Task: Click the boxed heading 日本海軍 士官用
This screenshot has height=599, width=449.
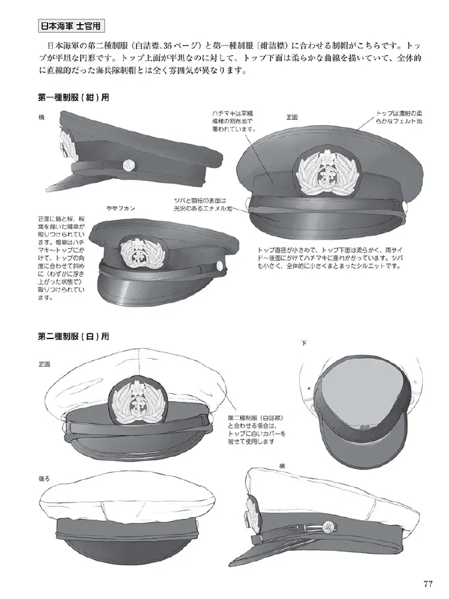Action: click(71, 26)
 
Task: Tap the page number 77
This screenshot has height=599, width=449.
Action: click(428, 584)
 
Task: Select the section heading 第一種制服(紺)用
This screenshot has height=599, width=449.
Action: click(74, 98)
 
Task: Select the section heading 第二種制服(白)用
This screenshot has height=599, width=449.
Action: click(74, 336)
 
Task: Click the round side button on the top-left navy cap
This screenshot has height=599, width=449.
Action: click(129, 164)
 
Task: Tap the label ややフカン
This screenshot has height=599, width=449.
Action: click(120, 208)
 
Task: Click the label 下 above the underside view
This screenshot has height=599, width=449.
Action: click(305, 343)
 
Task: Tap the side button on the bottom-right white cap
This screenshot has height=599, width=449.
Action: click(328, 527)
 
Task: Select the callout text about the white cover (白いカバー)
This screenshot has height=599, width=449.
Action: click(257, 429)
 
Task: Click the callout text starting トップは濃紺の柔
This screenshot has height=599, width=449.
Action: click(399, 117)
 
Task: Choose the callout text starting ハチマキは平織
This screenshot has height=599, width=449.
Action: click(234, 121)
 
